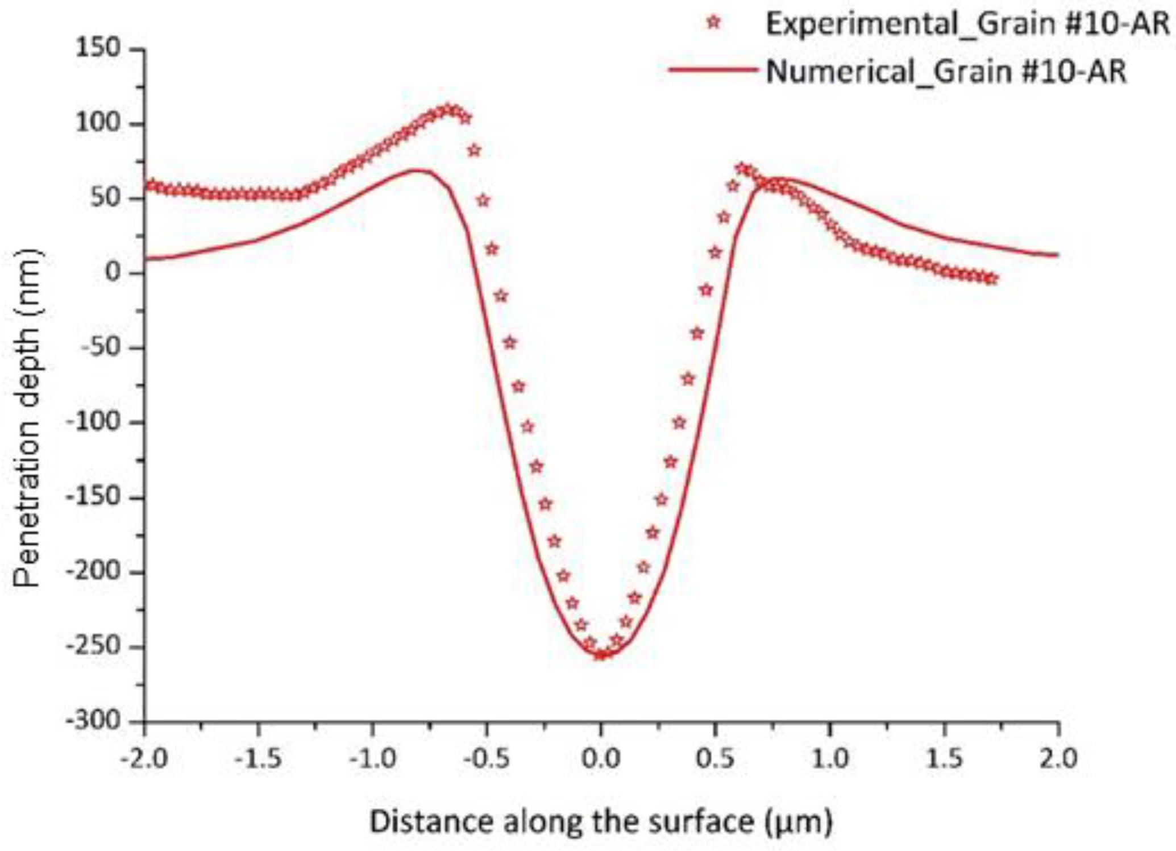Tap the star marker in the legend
click(714, 23)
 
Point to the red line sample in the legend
click(713, 70)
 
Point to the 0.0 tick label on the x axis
click(601, 759)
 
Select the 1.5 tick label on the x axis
click(944, 759)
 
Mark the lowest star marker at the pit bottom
click(601, 655)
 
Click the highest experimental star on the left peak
click(449, 109)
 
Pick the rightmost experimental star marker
click(991, 279)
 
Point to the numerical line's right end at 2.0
click(1058, 255)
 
